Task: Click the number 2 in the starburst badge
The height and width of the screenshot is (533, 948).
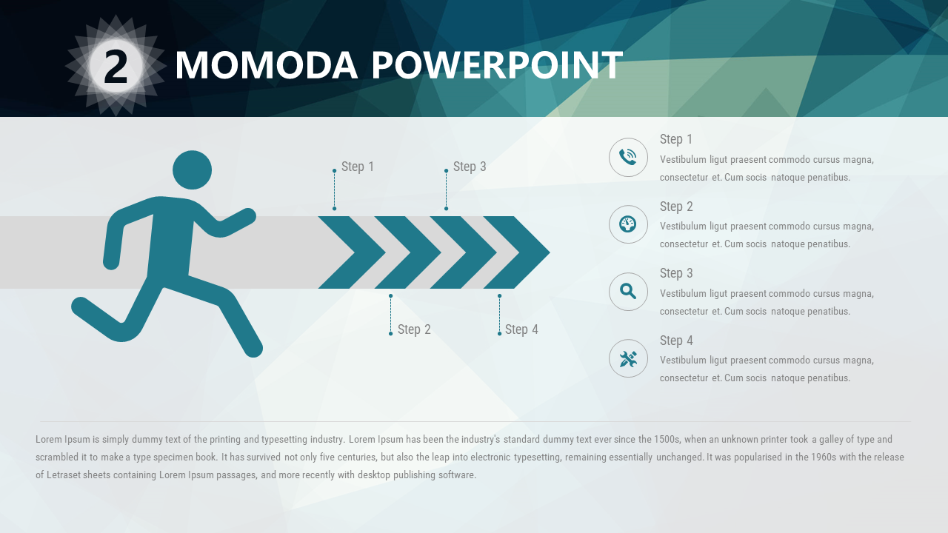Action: (x=116, y=66)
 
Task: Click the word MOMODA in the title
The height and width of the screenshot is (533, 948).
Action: (x=267, y=65)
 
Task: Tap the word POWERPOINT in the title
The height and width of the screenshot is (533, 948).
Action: (x=497, y=65)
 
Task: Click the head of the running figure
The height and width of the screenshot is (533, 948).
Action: (x=192, y=170)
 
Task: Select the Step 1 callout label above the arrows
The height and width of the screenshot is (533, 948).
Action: (x=358, y=167)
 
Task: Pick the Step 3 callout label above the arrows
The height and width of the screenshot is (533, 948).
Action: (x=470, y=167)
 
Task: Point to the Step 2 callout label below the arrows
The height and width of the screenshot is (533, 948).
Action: (x=414, y=329)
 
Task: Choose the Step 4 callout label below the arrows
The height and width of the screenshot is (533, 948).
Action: (x=521, y=329)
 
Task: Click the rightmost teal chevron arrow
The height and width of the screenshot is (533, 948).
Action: (x=517, y=252)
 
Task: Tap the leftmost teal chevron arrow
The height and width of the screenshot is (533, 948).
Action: (x=352, y=252)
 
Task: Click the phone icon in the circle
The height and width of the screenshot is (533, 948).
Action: (x=627, y=157)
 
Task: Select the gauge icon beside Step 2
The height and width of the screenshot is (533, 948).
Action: (x=627, y=224)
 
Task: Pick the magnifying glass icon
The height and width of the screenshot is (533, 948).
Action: (x=627, y=292)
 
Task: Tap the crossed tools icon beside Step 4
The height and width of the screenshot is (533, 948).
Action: (x=628, y=359)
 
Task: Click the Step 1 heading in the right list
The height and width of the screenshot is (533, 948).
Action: (x=676, y=139)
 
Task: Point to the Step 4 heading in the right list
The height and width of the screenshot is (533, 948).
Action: (x=676, y=341)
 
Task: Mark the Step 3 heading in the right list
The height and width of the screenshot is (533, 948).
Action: (x=676, y=273)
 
